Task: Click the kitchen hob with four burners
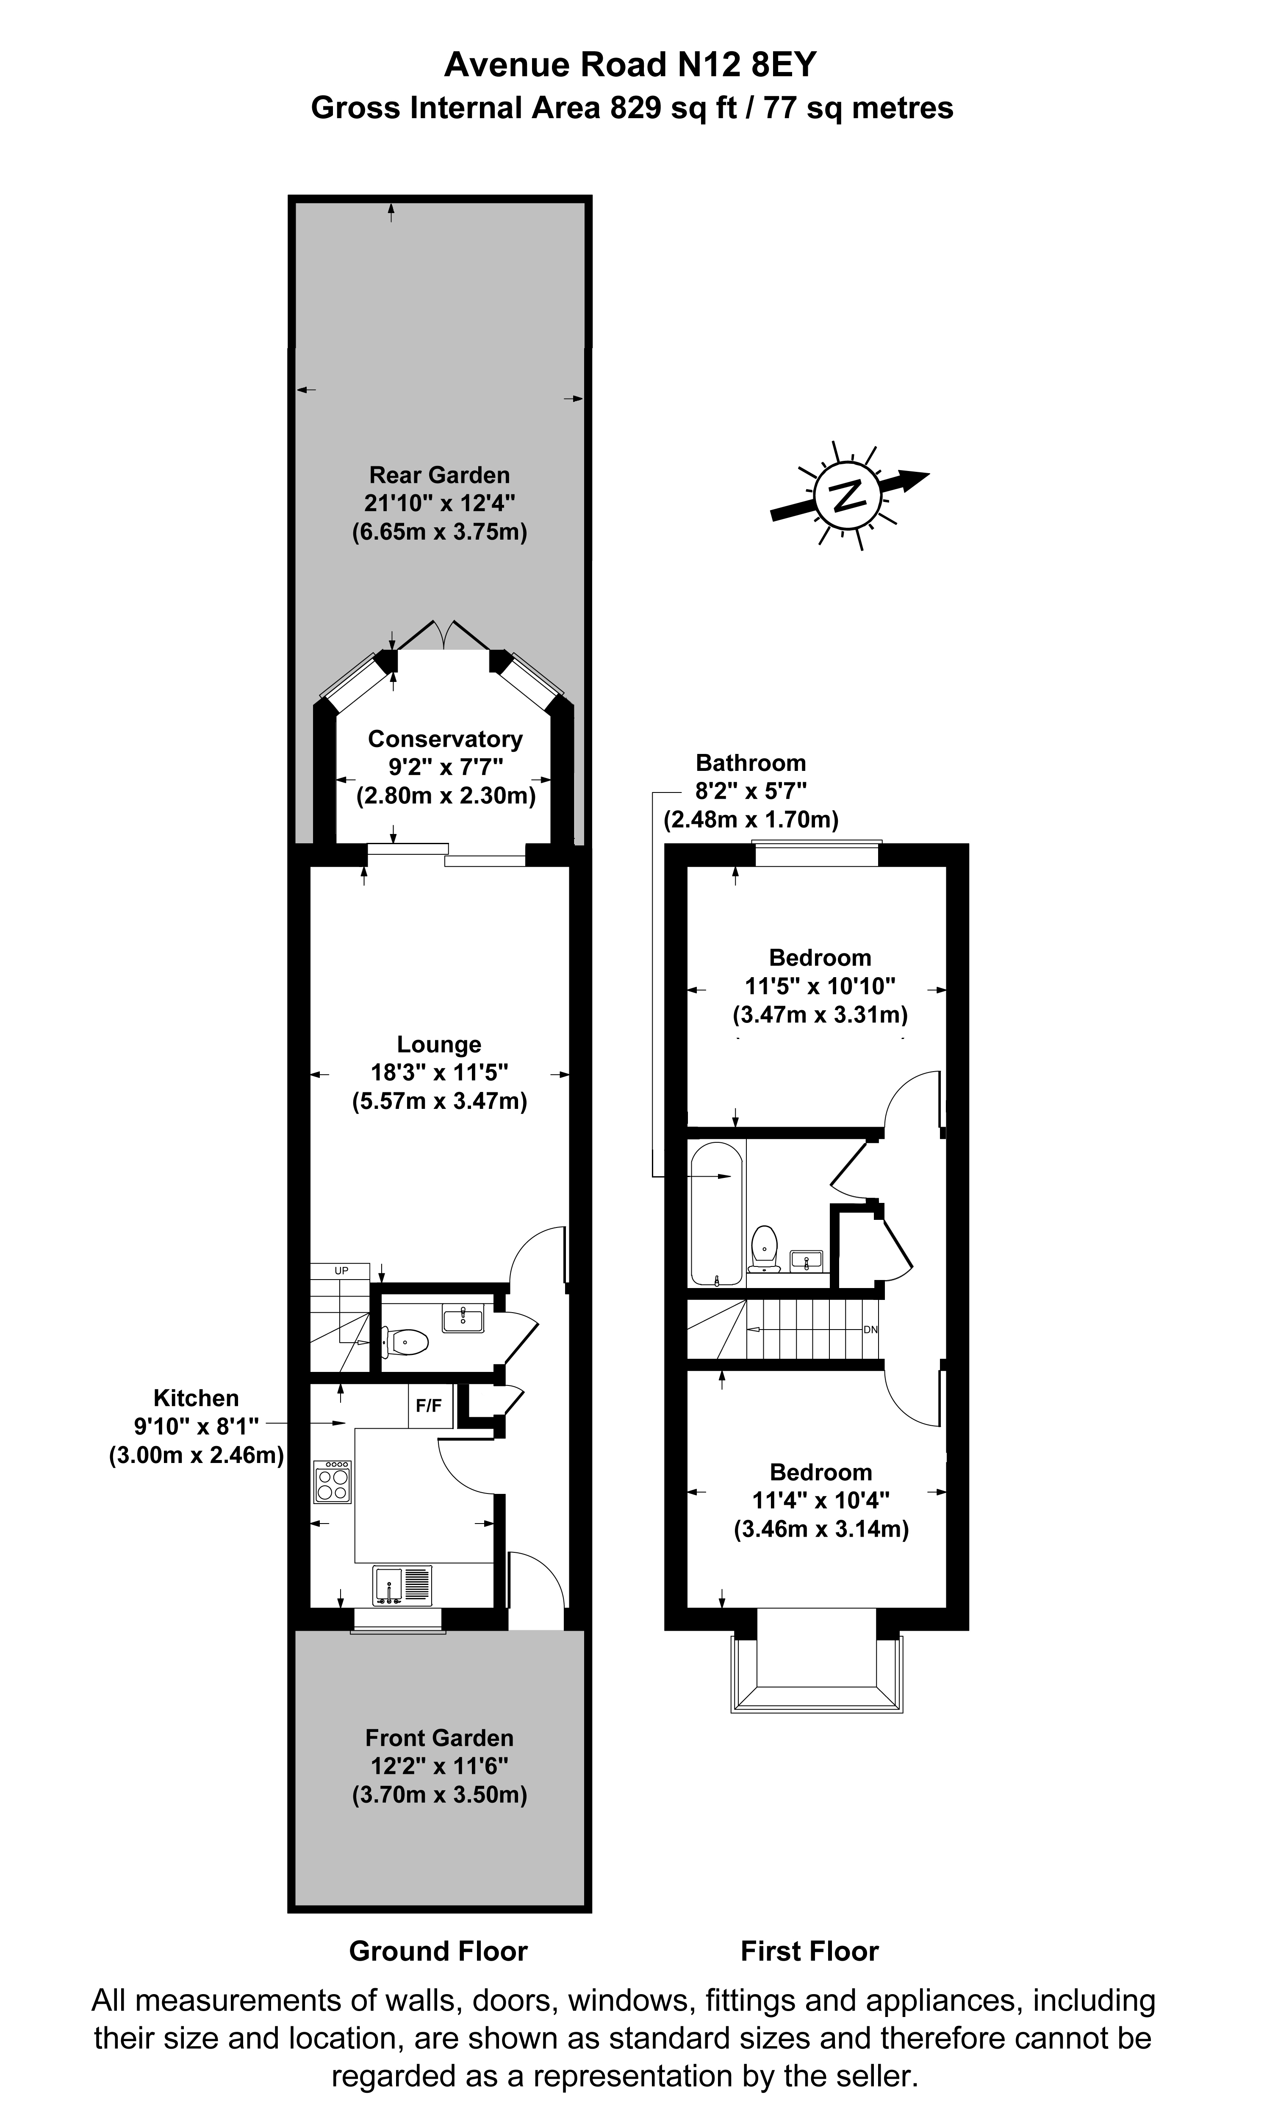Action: [332, 1482]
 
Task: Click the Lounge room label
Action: [439, 1044]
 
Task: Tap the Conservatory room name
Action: [445, 738]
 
